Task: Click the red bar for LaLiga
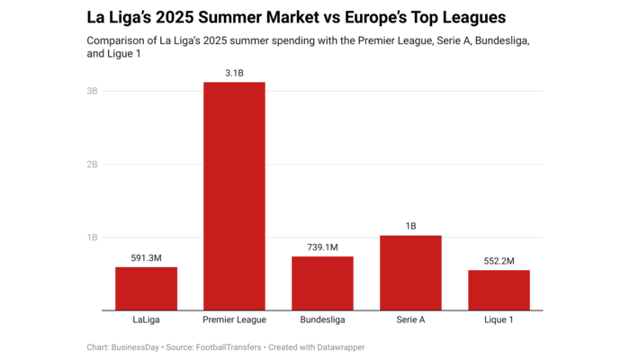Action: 146,288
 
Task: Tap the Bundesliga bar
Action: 322,283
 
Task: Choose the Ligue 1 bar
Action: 499,290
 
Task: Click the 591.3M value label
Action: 146,257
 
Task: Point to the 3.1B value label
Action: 234,72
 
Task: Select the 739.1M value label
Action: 322,247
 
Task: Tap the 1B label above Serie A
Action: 410,226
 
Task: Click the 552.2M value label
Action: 499,260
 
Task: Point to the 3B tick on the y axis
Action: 92,91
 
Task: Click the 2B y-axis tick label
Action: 92,165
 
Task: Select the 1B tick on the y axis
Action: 92,238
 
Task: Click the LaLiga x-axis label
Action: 146,319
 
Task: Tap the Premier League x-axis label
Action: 234,319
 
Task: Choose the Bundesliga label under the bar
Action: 322,319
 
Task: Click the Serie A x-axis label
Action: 410,319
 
